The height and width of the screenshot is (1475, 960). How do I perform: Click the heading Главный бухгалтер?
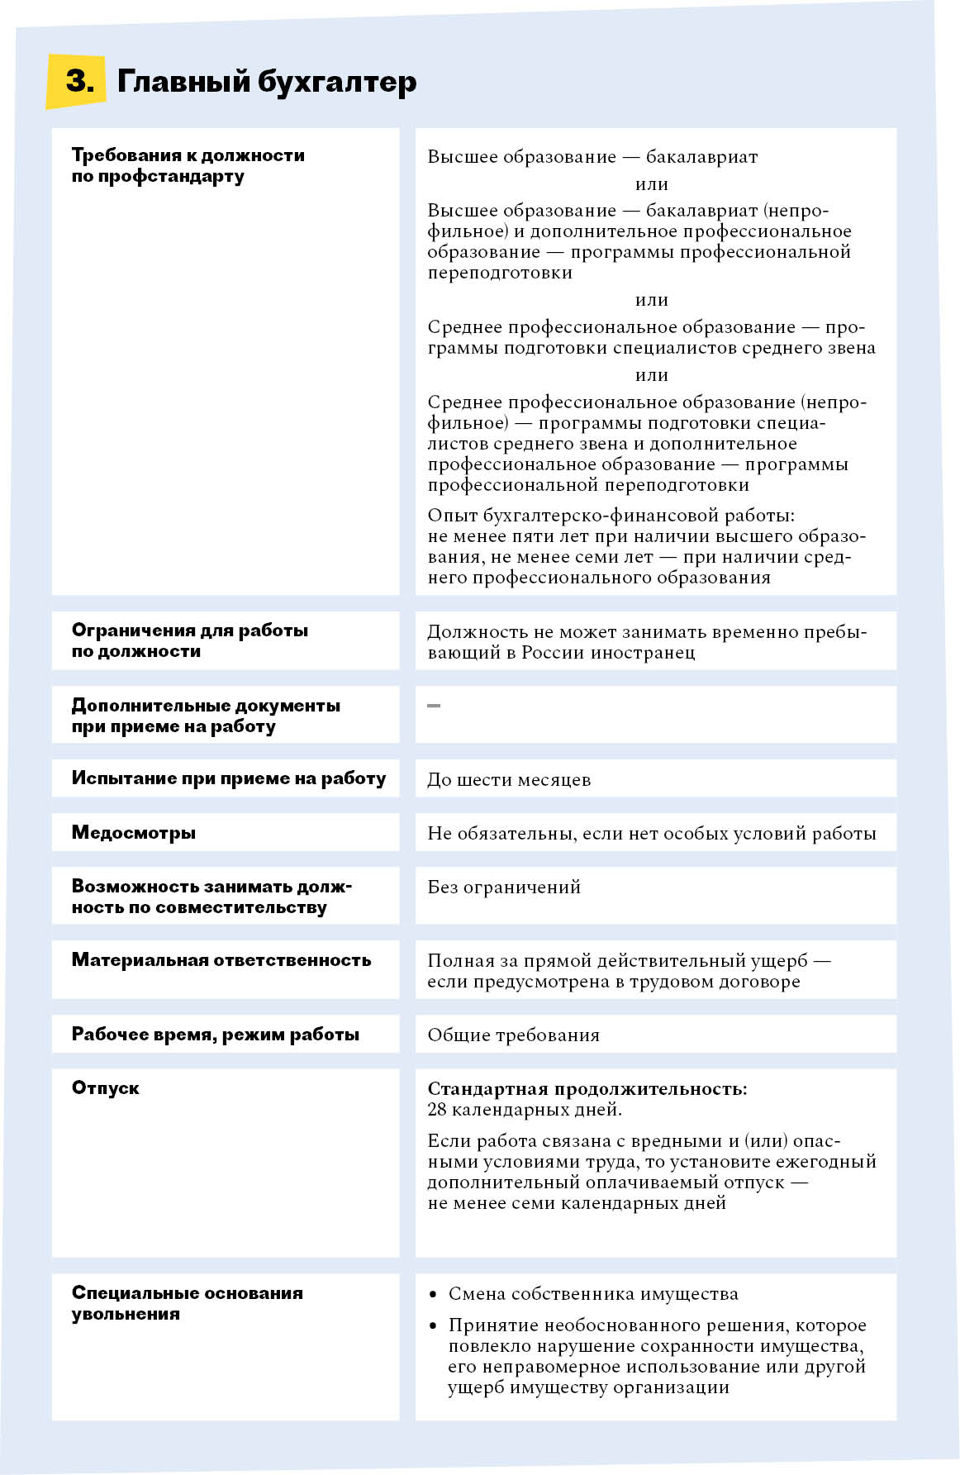coord(267,82)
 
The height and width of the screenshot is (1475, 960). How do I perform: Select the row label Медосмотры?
coord(134,832)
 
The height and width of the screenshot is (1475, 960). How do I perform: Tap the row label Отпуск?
coord(106,1087)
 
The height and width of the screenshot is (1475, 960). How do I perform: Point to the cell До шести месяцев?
coord(509,779)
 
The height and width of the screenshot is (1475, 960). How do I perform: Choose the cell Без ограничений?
coord(504,887)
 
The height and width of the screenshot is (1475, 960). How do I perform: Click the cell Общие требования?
coord(513,1035)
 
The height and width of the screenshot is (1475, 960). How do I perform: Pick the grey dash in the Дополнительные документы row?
coord(434,706)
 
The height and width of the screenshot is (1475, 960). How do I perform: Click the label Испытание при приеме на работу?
coord(228,778)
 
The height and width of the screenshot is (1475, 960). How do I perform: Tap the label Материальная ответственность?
coord(221,960)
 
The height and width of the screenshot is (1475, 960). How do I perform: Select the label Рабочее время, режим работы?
coord(216,1035)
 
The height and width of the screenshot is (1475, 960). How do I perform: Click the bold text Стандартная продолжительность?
coord(587,1088)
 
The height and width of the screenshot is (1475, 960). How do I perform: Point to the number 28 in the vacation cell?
coord(437,1109)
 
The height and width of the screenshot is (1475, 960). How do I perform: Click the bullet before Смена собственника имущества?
coord(434,1294)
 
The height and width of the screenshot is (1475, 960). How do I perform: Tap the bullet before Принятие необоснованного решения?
coord(434,1326)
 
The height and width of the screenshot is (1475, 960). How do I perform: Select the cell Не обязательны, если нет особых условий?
coord(651,833)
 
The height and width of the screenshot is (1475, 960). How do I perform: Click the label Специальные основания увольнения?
coord(187,1303)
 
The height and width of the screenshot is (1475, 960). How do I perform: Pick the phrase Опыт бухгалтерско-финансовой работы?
coord(611,516)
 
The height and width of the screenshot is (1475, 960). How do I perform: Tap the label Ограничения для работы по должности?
coord(189,640)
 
